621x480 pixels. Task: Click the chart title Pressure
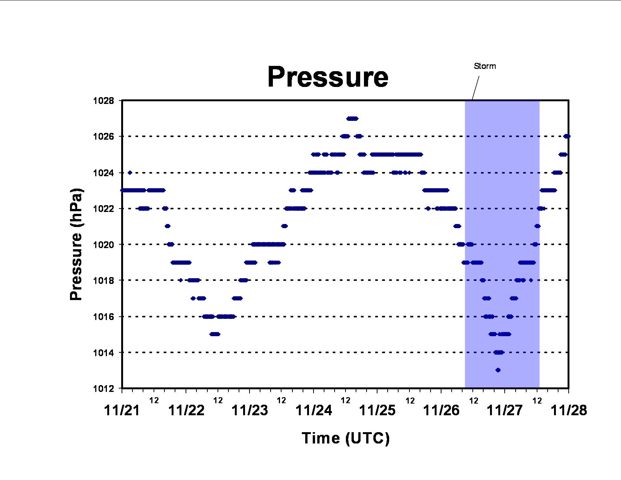point(328,77)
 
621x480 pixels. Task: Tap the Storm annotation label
point(485,66)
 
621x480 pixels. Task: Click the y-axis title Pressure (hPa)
point(76,244)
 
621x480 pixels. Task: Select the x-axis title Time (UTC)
point(346,438)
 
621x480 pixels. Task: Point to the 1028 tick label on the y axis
point(103,101)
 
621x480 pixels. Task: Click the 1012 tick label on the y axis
point(103,389)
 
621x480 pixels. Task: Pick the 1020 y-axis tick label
point(103,245)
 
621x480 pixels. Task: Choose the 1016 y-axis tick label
point(103,317)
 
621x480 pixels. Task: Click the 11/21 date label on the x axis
point(122,410)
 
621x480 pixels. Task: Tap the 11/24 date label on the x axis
point(314,410)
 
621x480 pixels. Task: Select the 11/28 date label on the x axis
point(569,410)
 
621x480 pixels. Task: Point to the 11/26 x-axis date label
point(441,410)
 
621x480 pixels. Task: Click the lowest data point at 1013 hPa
point(498,370)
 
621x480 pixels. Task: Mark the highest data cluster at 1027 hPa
point(352,119)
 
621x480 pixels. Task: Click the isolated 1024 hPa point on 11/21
point(130,172)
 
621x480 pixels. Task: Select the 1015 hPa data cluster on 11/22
point(215,334)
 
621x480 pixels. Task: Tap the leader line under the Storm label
point(476,88)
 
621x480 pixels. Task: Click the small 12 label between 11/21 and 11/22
point(154,401)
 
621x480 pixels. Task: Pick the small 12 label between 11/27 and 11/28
point(537,401)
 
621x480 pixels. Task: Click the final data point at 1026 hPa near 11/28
point(567,136)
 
